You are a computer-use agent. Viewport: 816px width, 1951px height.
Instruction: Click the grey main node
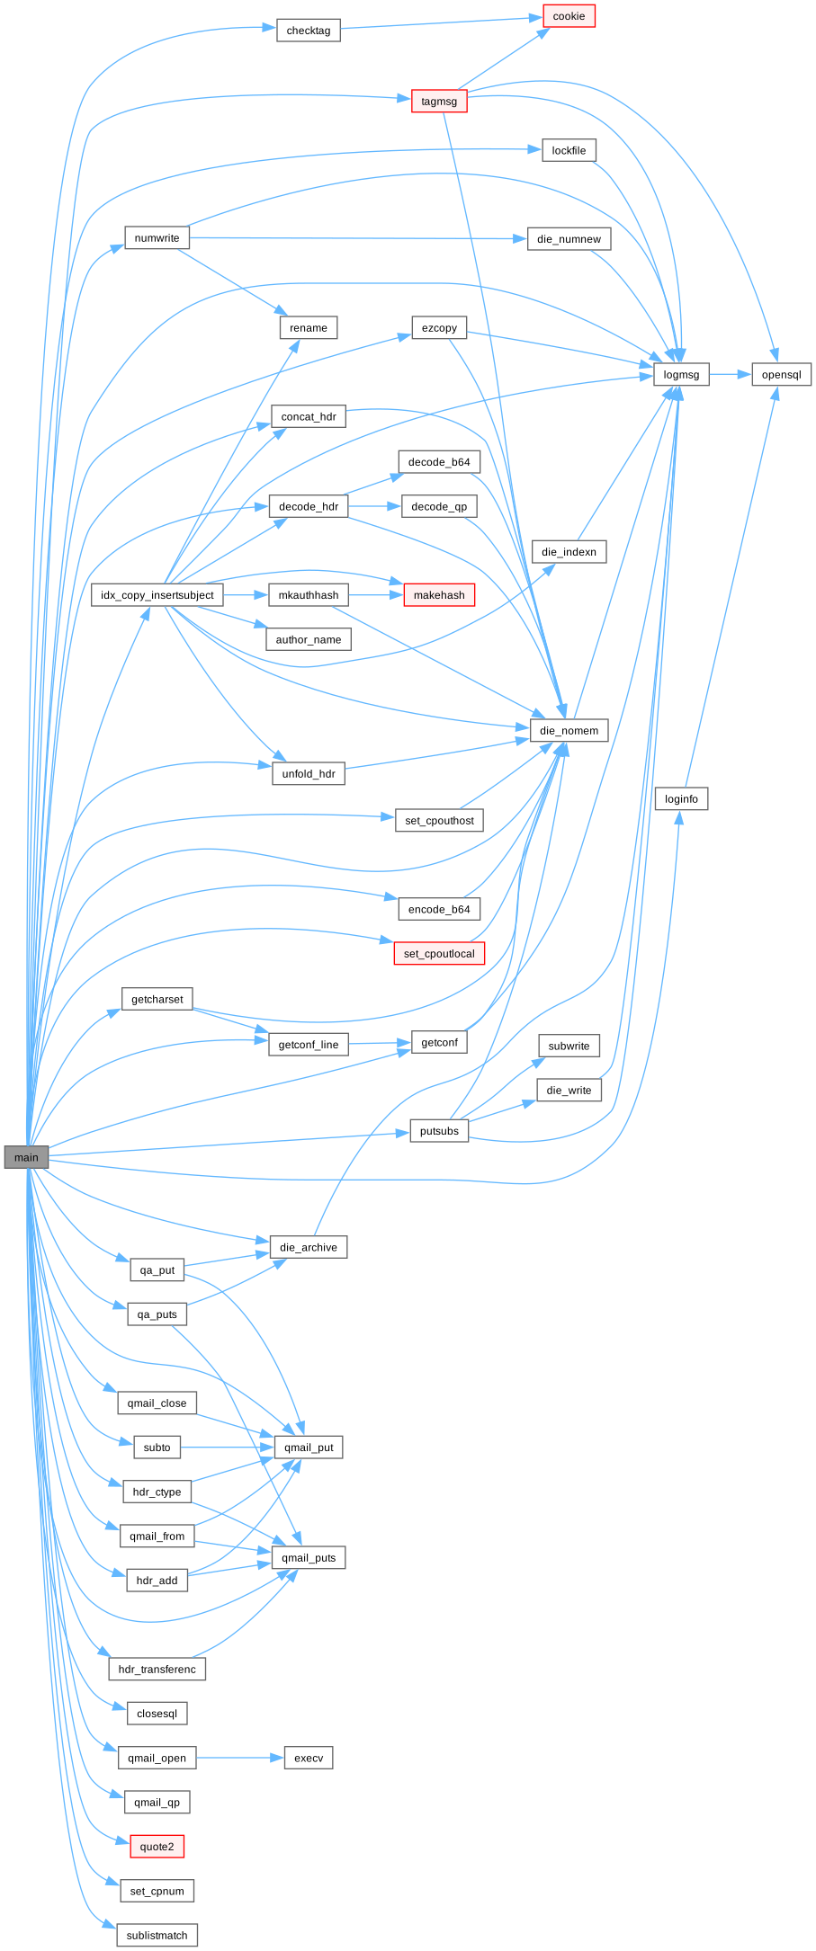tap(26, 1157)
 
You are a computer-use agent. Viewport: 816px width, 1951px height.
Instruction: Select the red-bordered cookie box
tap(569, 16)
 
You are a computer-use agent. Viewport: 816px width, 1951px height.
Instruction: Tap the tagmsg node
tap(439, 102)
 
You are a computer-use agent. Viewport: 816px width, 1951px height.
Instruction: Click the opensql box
tap(781, 374)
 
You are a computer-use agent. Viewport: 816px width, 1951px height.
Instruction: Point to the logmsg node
tap(681, 374)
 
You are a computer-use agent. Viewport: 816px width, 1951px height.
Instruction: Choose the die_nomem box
tap(569, 730)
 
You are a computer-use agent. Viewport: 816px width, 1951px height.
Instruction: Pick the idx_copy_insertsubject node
tap(157, 595)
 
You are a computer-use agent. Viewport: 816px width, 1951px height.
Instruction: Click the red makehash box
tap(439, 595)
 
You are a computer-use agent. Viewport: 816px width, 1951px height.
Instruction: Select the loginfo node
tap(681, 798)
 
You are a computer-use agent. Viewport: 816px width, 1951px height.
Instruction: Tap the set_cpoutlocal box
tap(439, 953)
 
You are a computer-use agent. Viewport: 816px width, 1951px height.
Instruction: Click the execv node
tap(309, 1758)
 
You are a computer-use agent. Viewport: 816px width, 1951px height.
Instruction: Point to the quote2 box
tap(157, 1847)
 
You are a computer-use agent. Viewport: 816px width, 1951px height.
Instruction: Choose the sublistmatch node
tap(157, 1935)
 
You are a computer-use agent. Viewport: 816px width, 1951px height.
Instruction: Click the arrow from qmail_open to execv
tap(239, 1758)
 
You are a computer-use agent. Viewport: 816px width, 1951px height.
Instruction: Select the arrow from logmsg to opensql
tap(730, 374)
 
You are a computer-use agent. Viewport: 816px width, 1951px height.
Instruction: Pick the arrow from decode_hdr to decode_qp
tap(374, 506)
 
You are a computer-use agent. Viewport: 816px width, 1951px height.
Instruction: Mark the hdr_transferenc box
tap(157, 1669)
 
